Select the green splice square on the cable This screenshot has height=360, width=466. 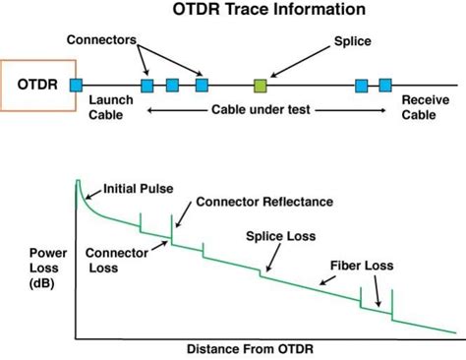261,86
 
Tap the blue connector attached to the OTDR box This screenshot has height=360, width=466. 77,86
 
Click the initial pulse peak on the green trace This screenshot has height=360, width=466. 79,183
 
